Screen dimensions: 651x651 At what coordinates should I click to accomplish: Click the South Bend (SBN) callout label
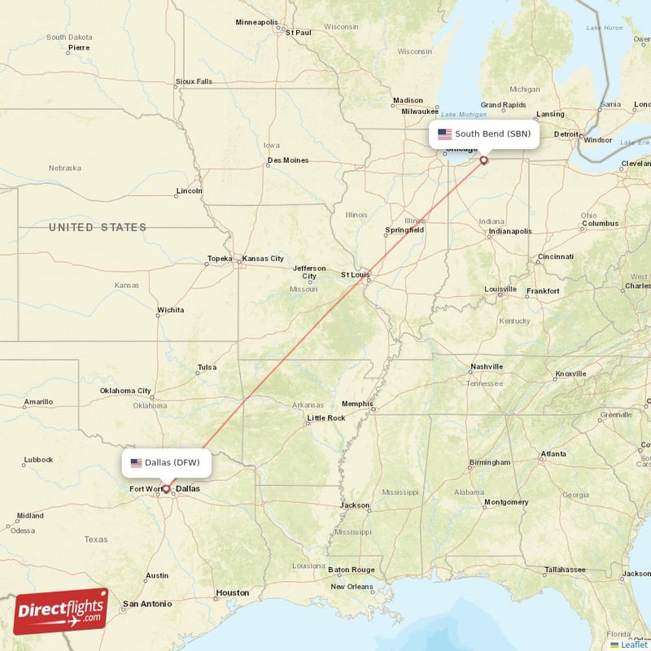pos(484,133)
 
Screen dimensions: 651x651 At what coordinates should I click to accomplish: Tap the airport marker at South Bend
pos(484,160)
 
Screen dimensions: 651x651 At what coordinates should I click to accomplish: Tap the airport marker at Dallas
pos(166,489)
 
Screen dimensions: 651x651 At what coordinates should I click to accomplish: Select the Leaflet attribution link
pos(633,644)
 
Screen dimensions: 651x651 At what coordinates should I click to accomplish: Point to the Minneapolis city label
pos(256,22)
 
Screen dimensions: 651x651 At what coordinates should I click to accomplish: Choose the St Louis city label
pos(356,275)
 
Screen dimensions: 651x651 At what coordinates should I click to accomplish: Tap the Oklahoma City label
pos(125,391)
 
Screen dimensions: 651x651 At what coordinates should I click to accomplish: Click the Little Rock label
pos(325,418)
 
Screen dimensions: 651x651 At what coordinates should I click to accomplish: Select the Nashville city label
pos(486,367)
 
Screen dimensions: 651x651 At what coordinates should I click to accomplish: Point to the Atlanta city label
pos(553,453)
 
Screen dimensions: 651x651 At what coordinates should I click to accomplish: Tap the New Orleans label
pos(352,586)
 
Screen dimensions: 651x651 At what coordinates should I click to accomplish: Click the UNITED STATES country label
pos(98,227)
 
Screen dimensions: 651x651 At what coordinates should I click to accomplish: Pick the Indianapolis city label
pos(509,231)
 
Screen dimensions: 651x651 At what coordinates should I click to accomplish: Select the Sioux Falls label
pos(194,81)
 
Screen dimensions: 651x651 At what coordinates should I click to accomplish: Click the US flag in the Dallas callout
pos(136,463)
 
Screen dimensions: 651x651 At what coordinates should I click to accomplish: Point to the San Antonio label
pos(147,604)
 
